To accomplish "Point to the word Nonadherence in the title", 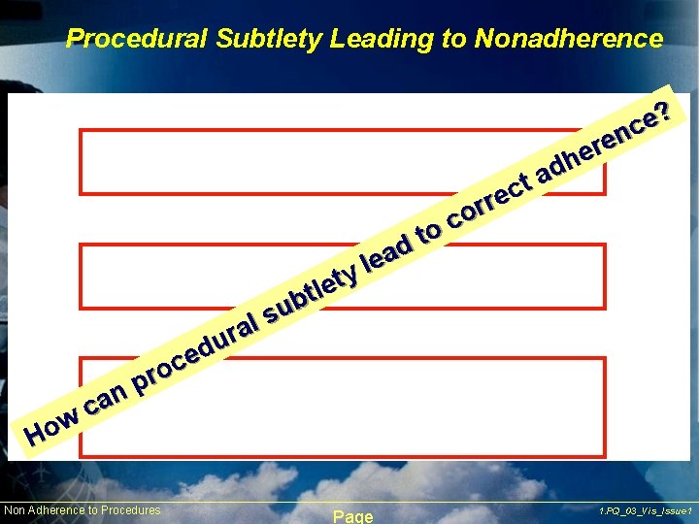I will click(568, 39).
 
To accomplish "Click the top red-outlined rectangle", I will click(343, 161).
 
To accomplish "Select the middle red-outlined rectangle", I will click(343, 276).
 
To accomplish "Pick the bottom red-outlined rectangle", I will click(343, 407).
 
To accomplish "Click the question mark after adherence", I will click(666, 111).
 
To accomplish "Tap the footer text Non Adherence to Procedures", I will click(83, 510).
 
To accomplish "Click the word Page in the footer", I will click(352, 516).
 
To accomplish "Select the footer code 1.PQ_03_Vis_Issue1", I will click(646, 510).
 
